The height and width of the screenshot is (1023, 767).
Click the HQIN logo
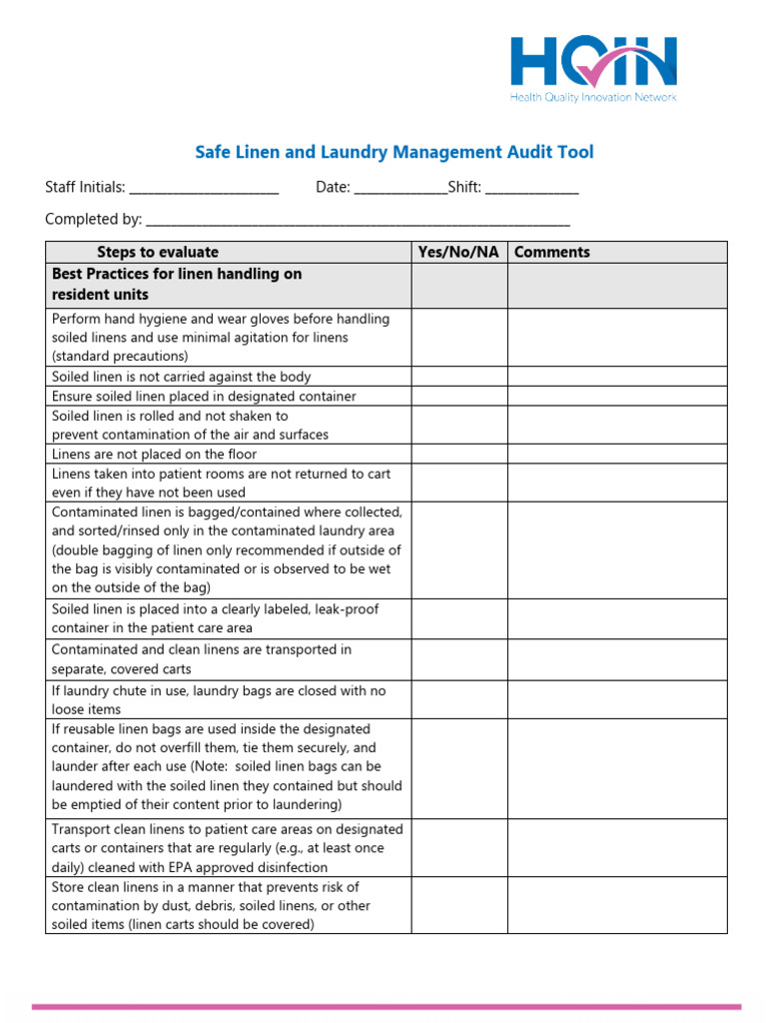[x=593, y=62]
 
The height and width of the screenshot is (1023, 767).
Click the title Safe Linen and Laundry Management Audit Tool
[x=392, y=152]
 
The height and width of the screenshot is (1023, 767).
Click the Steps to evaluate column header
[x=157, y=252]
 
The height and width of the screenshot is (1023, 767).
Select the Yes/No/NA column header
[x=458, y=252]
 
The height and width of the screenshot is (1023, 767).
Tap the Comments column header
[x=551, y=252]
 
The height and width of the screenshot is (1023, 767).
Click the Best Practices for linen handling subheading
[x=176, y=285]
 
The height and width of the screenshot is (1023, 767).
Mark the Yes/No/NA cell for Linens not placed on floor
[x=458, y=454]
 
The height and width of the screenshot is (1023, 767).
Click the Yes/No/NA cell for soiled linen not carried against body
[x=458, y=377]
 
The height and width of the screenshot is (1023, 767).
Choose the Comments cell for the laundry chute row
[x=617, y=699]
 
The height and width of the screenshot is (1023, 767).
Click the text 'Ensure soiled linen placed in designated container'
[x=204, y=396]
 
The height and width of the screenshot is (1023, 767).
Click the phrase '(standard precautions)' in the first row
[x=119, y=356]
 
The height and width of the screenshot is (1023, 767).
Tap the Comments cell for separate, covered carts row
[x=617, y=659]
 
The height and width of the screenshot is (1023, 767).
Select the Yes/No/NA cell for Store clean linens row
[x=458, y=905]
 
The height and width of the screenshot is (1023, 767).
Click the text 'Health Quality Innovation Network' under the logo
[x=593, y=98]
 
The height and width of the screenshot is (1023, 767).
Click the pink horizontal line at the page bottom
[x=385, y=1006]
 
